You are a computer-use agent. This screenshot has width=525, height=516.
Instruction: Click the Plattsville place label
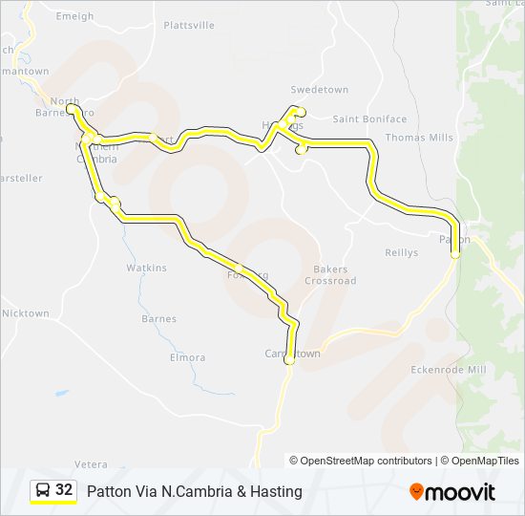(189, 25)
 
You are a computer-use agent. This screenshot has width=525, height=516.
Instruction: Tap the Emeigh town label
(75, 16)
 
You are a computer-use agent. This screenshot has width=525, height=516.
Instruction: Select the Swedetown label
(321, 90)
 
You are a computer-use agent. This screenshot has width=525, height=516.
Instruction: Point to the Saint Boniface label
(369, 119)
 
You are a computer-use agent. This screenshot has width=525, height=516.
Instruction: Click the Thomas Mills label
(419, 138)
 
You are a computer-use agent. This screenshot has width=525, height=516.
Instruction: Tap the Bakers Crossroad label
(330, 275)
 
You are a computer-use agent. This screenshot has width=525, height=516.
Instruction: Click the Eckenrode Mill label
(448, 370)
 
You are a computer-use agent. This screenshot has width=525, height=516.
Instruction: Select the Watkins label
(146, 268)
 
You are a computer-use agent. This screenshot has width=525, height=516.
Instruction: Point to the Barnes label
(158, 319)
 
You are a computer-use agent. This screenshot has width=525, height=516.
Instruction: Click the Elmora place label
(187, 357)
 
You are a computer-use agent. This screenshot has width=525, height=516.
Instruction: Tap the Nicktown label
(25, 313)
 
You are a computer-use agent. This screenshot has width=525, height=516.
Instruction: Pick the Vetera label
(92, 464)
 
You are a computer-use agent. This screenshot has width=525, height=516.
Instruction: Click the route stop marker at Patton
(455, 254)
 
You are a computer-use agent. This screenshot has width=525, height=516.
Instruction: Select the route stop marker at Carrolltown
(289, 361)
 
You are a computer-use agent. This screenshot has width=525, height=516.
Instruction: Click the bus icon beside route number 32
(43, 490)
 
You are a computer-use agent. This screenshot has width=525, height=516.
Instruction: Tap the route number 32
(64, 490)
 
